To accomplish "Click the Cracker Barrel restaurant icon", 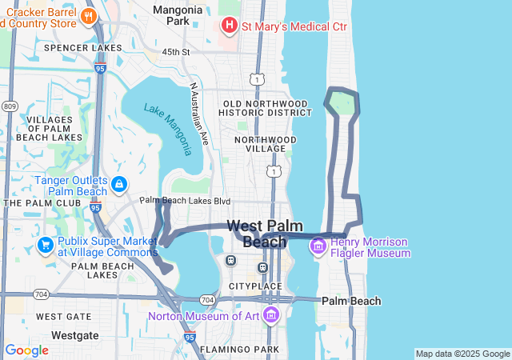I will click(x=89, y=15).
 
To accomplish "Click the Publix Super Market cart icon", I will click(x=46, y=244).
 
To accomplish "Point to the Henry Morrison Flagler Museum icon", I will click(x=318, y=244).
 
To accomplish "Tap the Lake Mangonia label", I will click(x=168, y=129).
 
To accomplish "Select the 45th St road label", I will click(x=175, y=52).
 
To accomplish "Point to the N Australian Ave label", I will click(x=198, y=113).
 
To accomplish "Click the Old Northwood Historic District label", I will click(x=265, y=110).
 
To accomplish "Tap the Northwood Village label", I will click(x=265, y=144).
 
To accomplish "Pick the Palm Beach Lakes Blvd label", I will click(x=185, y=201).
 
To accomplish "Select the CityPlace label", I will click(x=255, y=286).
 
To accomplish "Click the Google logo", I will click(x=26, y=350).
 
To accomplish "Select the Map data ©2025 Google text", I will click(x=462, y=354).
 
